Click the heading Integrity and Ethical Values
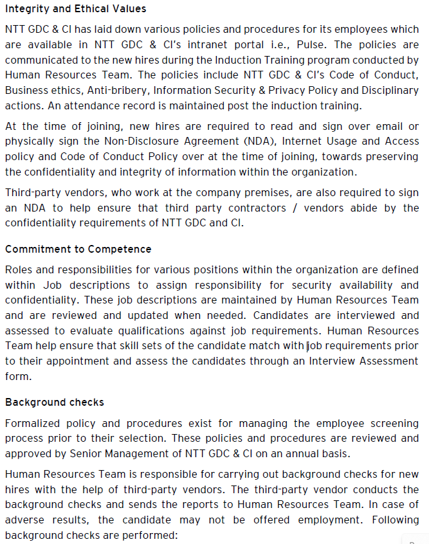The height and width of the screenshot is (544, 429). coord(76,9)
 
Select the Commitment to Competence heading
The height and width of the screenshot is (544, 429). coord(78,249)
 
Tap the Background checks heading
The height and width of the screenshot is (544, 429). coord(55,402)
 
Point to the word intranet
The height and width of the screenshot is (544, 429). coord(188,44)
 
